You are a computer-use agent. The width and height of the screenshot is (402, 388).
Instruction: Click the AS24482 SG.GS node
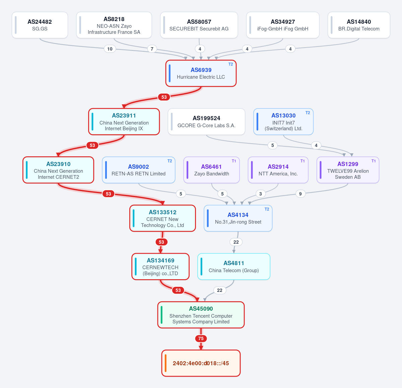[40, 25]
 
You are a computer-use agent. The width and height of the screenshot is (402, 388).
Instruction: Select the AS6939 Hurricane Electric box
[201, 73]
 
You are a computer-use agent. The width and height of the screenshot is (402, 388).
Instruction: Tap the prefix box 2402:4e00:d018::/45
[201, 363]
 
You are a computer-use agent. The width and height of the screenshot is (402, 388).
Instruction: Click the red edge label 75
[201, 338]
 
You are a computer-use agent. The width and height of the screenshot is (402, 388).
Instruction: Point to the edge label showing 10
[110, 49]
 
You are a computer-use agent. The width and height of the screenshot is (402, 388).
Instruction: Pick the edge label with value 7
[152, 49]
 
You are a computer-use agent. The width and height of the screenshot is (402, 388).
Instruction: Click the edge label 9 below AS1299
[300, 194]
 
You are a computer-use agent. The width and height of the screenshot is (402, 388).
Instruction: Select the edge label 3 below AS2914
[261, 194]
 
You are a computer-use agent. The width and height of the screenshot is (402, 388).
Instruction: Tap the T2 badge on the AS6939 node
[230, 64]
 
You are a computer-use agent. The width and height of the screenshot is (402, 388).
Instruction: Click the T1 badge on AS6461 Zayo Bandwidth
[234, 161]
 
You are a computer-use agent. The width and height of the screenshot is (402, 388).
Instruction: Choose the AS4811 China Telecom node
[233, 266]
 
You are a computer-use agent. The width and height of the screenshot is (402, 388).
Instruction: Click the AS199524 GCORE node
[206, 122]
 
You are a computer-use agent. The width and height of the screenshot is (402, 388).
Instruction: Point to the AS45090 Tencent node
[201, 315]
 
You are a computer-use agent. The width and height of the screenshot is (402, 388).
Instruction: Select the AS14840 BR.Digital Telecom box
[359, 25]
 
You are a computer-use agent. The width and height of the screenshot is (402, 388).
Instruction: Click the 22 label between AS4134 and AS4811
[236, 242]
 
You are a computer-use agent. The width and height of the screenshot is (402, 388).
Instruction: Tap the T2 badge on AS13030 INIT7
[308, 113]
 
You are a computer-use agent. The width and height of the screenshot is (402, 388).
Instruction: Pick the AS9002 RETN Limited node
[139, 170]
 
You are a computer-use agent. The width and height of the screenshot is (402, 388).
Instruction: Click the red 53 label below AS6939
[164, 97]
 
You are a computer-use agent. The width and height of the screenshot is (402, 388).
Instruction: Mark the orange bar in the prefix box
[166, 363]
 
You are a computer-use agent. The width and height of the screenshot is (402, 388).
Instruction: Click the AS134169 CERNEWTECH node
[160, 266]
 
